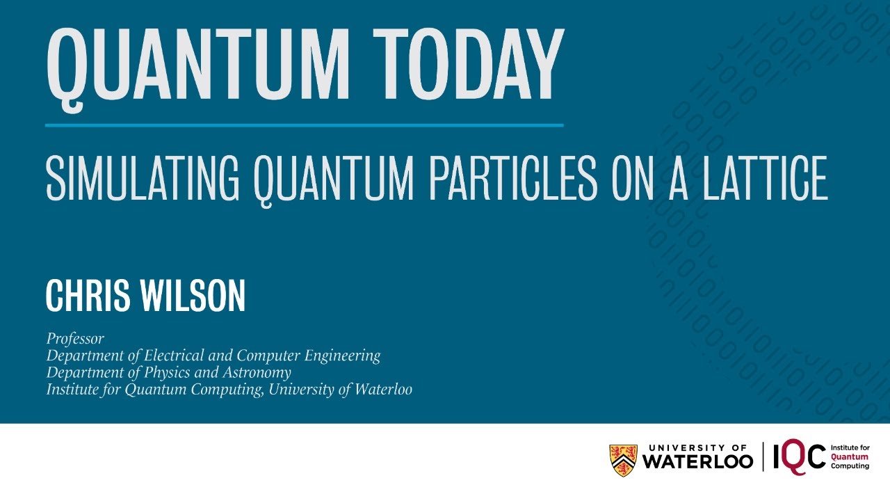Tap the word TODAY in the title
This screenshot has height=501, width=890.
tap(469, 63)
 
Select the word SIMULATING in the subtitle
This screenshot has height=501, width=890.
tap(143, 178)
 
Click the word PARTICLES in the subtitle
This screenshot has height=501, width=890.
tap(513, 178)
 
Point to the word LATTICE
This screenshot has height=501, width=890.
tap(766, 178)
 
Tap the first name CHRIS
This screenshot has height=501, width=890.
tap(88, 296)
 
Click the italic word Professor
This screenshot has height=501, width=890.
tap(75, 338)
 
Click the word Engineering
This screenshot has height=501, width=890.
tap(343, 356)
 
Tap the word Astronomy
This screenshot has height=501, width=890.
tap(257, 373)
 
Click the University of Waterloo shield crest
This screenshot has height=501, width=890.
tap(623, 460)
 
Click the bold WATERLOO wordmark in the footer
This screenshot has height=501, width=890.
tap(697, 461)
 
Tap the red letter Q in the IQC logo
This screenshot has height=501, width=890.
tap(796, 457)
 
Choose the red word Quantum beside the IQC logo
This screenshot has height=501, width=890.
tap(850, 457)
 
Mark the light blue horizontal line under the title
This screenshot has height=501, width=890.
tap(305, 125)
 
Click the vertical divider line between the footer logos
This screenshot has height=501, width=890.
tap(763, 457)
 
